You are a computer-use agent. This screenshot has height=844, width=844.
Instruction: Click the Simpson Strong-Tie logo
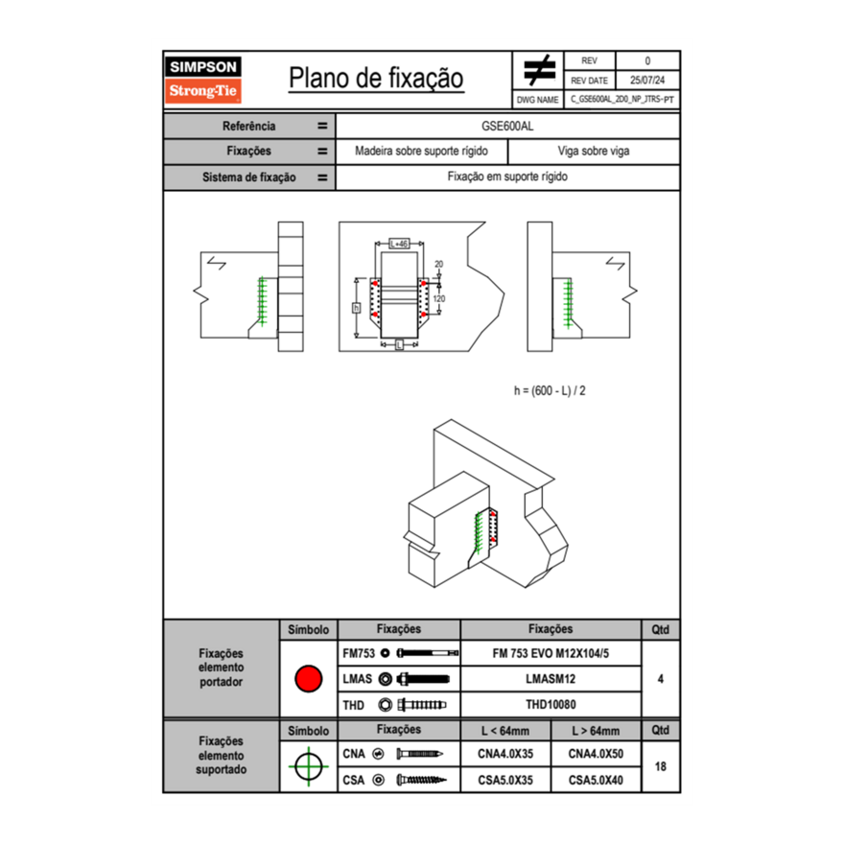(204, 80)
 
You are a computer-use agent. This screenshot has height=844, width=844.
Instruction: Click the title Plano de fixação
(376, 78)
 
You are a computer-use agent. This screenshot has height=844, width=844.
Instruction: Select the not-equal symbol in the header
(539, 72)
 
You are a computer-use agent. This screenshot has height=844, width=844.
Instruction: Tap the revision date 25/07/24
(647, 81)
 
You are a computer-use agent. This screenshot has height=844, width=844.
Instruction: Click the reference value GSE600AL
(507, 126)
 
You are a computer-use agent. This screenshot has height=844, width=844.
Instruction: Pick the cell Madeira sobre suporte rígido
(421, 152)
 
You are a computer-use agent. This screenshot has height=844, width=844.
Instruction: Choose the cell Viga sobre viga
(593, 152)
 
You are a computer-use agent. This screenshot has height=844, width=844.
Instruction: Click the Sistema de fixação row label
(248, 177)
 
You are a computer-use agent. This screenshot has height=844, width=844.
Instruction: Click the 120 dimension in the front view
(439, 298)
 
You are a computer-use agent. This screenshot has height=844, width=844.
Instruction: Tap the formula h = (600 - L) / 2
(550, 391)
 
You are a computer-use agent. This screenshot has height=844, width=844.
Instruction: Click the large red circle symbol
(308, 679)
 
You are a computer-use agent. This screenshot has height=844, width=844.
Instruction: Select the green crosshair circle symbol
(308, 767)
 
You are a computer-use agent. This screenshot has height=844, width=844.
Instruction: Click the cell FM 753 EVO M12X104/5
(551, 653)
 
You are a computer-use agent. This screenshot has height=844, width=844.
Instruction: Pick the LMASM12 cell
(551, 679)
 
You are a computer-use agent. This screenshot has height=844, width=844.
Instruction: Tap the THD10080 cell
(551, 705)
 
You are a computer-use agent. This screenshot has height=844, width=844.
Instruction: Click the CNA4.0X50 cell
(596, 755)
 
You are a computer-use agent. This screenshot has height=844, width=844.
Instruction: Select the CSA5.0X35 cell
(505, 781)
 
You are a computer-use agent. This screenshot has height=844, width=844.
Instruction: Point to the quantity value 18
(661, 767)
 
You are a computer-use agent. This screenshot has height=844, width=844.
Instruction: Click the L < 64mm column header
(505, 731)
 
